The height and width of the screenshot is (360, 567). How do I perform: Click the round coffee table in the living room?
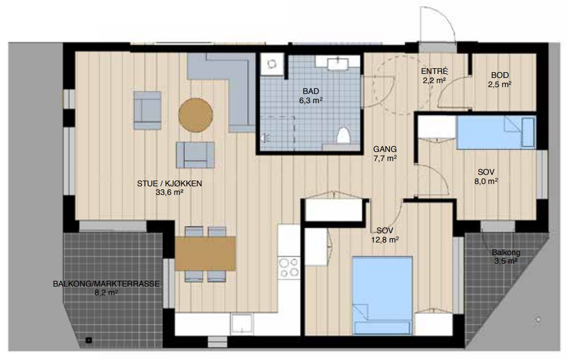[195, 115]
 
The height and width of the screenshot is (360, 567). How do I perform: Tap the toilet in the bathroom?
[343, 135]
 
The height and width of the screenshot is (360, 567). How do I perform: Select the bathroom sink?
[338, 64]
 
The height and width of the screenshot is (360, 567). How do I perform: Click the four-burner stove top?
[290, 268]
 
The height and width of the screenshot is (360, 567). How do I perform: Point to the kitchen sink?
[242, 323]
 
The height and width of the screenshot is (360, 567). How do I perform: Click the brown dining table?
[205, 253]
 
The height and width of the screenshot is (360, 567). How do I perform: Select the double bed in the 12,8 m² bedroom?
[382, 295]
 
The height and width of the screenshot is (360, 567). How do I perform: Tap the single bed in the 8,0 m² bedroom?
[496, 132]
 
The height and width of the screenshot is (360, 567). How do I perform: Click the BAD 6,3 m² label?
[311, 96]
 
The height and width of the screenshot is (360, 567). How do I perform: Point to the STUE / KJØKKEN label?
[169, 183]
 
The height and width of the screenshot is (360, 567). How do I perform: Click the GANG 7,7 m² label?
[385, 154]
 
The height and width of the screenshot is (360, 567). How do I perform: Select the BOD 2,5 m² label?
[500, 80]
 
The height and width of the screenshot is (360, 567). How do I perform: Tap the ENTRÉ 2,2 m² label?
[435, 76]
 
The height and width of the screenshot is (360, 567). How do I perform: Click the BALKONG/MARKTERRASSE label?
[106, 284]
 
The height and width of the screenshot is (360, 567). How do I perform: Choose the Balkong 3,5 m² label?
[506, 257]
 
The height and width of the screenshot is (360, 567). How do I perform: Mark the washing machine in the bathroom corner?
[272, 64]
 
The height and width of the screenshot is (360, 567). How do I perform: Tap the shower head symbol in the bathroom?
[265, 138]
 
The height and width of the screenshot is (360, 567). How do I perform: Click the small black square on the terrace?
[89, 340]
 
